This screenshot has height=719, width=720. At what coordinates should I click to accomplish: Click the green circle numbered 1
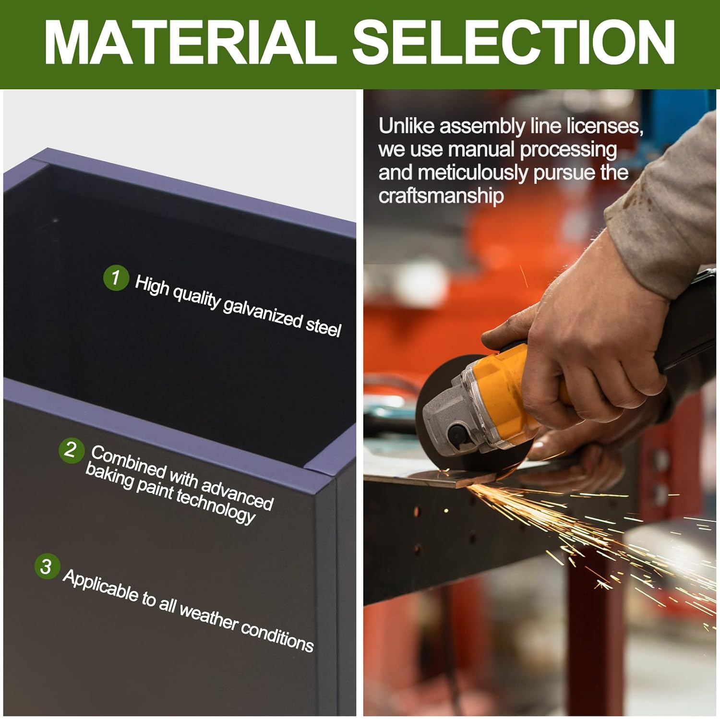116,277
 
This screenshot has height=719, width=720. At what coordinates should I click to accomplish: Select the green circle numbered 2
71,450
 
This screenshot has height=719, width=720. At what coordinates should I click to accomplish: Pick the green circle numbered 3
47,566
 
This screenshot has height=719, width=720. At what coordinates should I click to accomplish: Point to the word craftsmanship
441,196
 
